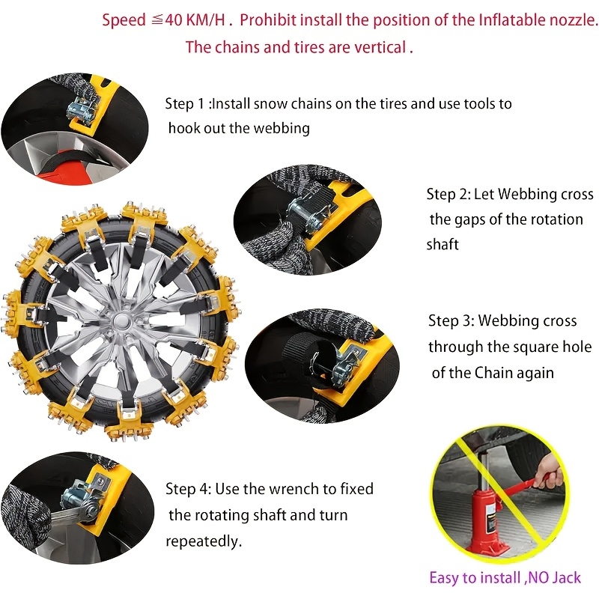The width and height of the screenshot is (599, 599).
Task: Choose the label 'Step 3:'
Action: point(451,321)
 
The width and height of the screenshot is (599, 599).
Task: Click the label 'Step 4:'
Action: point(188,489)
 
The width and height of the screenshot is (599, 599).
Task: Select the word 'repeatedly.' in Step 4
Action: point(204,541)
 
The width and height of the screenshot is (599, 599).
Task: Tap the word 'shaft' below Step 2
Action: point(443,244)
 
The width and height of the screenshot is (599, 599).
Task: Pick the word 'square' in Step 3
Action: point(526,347)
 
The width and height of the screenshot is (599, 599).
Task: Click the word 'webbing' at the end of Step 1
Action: point(281,127)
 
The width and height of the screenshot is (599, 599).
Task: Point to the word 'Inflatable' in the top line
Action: point(511,19)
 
